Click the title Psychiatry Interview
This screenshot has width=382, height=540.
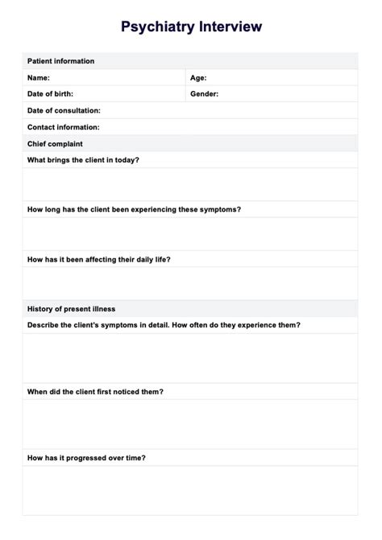pos(191,27)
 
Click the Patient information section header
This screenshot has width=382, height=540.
pos(60,61)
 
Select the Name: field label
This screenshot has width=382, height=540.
pos(39,78)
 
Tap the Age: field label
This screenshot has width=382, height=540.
pos(198,78)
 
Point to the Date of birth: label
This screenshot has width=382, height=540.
pos(50,94)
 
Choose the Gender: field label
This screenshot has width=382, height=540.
pos(204,94)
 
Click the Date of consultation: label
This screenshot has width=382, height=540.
pos(64,110)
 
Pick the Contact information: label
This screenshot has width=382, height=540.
pos(64,127)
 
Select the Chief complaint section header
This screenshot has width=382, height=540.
pos(55,144)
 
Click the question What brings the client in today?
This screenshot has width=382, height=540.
pos(83,160)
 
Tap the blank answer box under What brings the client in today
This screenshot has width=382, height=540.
pos(190,184)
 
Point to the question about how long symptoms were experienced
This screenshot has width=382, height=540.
pos(134,209)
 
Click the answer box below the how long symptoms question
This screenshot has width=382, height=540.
pos(190,234)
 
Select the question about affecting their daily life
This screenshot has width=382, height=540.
pos(98,259)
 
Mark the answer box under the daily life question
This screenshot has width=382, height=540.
pos(190,283)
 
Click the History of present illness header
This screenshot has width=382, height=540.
pos(71,309)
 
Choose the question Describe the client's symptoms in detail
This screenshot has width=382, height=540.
pos(164,325)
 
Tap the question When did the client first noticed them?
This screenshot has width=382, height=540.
pos(95,392)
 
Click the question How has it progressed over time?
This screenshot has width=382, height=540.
pos(86,458)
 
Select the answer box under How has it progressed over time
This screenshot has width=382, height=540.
pos(190,490)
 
